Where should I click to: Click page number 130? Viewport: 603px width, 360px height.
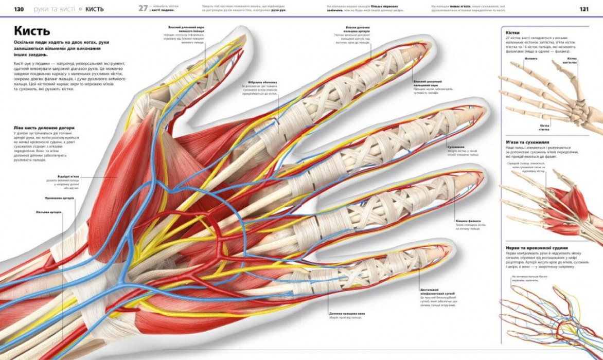pyautogui.click(x=19, y=9)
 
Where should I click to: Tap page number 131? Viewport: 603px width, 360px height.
pyautogui.click(x=584, y=9)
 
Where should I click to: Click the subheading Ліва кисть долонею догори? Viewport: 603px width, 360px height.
pyautogui.click(x=44, y=128)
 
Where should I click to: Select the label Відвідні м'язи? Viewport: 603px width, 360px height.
pyautogui.click(x=68, y=176)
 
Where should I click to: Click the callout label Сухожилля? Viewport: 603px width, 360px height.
pyautogui.click(x=456, y=147)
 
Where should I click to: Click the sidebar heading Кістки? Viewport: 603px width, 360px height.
pyautogui.click(x=514, y=32)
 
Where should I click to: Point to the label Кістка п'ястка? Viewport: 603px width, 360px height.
pyautogui.click(x=544, y=125)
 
